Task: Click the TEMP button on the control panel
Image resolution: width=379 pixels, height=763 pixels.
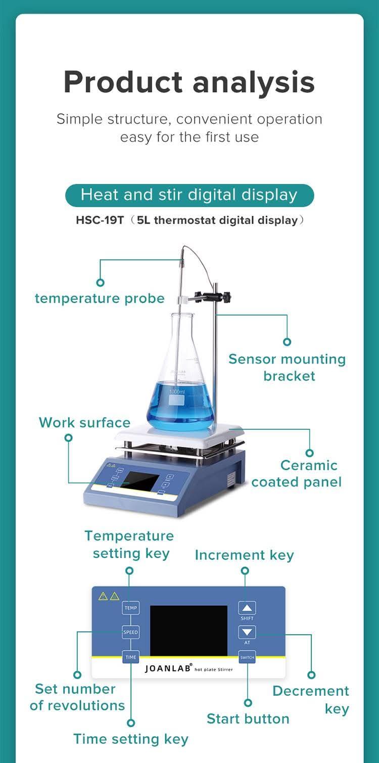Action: (131, 608)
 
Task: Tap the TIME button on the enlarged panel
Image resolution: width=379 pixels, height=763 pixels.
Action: (131, 657)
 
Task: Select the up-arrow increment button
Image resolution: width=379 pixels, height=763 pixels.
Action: (247, 608)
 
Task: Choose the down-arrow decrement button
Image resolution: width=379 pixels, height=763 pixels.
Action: (247, 632)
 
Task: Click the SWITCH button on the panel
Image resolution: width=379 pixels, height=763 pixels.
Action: (247, 657)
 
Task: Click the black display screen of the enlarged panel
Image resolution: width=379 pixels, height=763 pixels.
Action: (188, 631)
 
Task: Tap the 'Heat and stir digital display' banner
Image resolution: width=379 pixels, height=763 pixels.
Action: (189, 195)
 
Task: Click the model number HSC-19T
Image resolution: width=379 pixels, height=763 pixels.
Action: (100, 220)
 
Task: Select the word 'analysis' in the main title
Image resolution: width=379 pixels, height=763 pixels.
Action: (254, 82)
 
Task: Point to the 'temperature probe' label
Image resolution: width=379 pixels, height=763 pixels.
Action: (100, 299)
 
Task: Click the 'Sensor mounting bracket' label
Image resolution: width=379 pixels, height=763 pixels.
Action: (287, 368)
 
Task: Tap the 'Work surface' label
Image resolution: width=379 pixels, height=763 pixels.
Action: (84, 423)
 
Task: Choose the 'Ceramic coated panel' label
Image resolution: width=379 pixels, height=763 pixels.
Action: (297, 474)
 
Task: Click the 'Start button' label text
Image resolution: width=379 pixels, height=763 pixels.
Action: (248, 719)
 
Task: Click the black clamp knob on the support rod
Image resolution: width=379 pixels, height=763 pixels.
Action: (226, 297)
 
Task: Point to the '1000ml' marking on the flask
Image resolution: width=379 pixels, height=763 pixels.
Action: (177, 392)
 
